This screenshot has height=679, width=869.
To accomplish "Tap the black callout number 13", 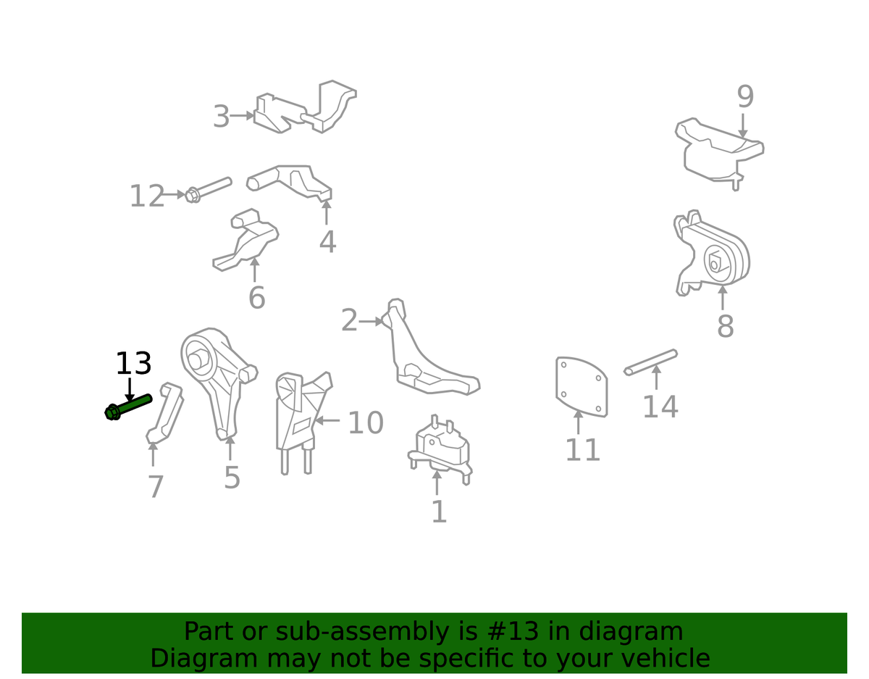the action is point(133,363).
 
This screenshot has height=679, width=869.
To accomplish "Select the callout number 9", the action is point(745,97).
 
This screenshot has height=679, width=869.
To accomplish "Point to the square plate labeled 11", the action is point(582,386).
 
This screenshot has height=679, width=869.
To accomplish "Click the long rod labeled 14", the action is point(650,362).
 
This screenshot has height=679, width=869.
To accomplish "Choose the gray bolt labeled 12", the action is point(209,190).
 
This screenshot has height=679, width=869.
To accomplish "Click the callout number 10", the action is point(366,422).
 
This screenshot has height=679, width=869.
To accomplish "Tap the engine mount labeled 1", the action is point(440,450).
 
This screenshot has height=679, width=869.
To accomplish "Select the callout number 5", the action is point(232,478).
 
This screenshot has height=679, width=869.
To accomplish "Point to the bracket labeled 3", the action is point(305,107).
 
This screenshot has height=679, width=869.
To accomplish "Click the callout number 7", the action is point(155,486).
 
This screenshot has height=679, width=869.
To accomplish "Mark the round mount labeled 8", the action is point(711,253).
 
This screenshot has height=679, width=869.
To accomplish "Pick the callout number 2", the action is point(349,320).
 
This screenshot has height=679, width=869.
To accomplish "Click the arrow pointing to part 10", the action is point(327,420).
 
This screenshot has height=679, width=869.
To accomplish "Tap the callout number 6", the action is point(257,298).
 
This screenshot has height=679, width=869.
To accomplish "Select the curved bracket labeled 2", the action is point(430,348).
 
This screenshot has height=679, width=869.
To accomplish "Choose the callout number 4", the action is point(327,241).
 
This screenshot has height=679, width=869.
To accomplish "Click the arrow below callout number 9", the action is point(742,125).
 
